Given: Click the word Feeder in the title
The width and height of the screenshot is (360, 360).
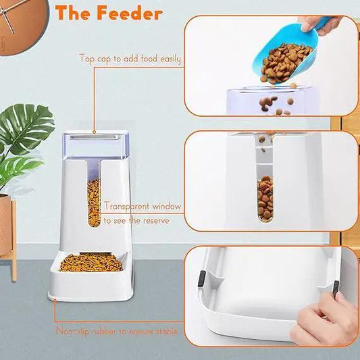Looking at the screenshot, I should (x=132, y=13).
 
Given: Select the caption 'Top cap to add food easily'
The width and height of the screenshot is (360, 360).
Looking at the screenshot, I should (x=130, y=59).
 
